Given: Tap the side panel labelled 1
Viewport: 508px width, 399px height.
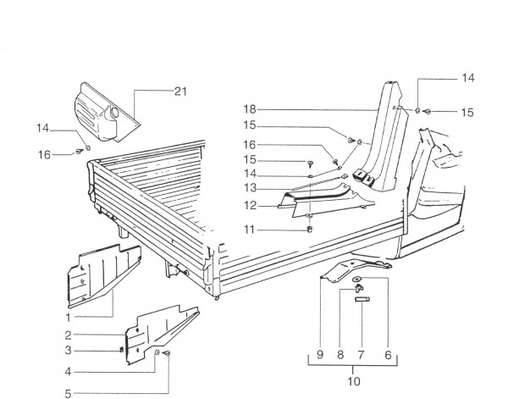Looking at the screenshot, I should point(97,269).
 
